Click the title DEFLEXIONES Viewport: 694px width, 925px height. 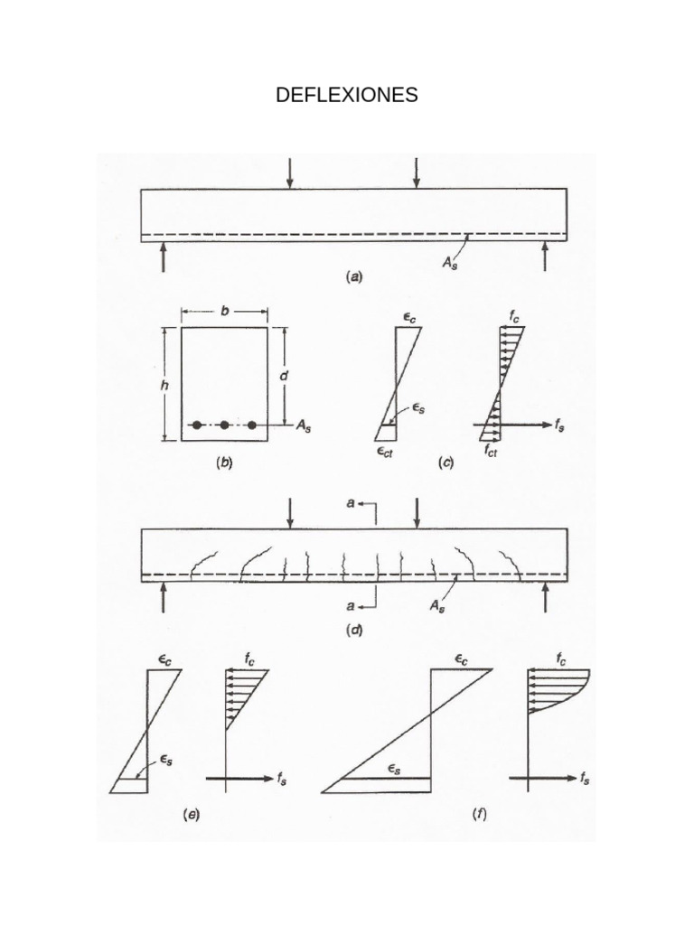coord(346,94)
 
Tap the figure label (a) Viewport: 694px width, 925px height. coord(353,276)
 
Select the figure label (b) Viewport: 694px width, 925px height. coord(224,462)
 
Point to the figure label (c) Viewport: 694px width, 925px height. coord(445,462)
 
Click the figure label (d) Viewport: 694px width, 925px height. coord(353,630)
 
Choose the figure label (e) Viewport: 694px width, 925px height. coord(192,815)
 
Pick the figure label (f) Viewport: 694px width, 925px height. coord(479,815)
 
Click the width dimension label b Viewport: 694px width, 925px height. coord(225,311)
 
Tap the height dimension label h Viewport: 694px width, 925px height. coord(164,386)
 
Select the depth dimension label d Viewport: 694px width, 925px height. coord(284,375)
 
